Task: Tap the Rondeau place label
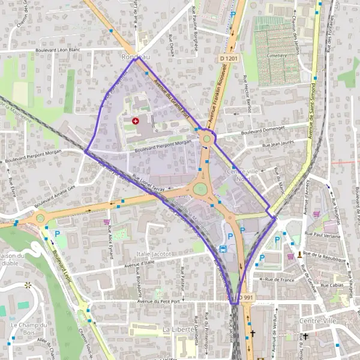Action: tap(134, 57)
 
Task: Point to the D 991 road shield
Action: tap(245, 298)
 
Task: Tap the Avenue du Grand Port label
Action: tap(172, 98)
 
